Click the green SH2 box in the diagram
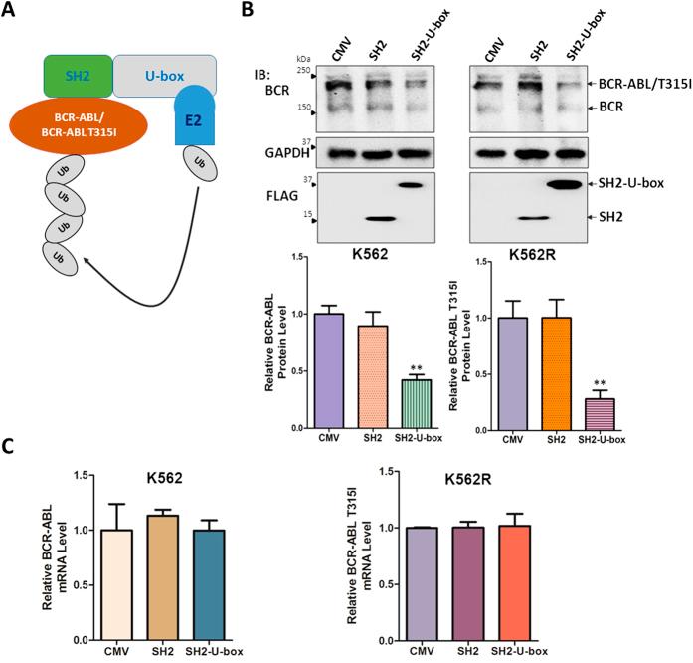pyautogui.click(x=78, y=76)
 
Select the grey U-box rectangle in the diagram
pyautogui.click(x=164, y=76)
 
